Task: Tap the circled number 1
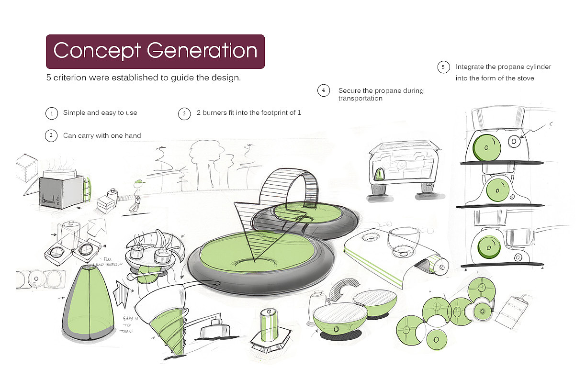pyautogui.click(x=51, y=113)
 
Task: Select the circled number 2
pyautogui.click(x=51, y=136)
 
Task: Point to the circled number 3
pyautogui.click(x=184, y=113)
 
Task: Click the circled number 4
pyautogui.click(x=324, y=90)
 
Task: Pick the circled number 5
pyautogui.click(x=443, y=67)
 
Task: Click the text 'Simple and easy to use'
pyautogui.click(x=100, y=113)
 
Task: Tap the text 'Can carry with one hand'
pyautogui.click(x=102, y=135)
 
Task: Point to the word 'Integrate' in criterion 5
pyautogui.click(x=470, y=67)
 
